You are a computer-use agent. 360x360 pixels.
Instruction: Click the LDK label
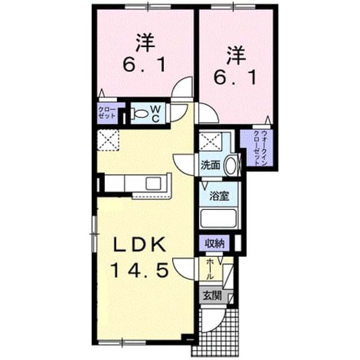(139, 245)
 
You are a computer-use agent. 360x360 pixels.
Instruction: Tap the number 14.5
(139, 270)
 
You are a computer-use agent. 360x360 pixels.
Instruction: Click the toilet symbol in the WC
(139, 114)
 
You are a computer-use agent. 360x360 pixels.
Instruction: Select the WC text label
(155, 114)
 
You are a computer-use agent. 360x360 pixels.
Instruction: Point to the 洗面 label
(210, 165)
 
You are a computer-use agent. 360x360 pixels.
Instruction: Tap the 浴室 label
(219, 196)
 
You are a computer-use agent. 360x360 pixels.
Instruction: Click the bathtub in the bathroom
(219, 218)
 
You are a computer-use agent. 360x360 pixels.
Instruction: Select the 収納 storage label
(214, 243)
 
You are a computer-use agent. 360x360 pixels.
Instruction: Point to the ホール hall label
(209, 269)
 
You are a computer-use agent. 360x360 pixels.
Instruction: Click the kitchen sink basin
(154, 183)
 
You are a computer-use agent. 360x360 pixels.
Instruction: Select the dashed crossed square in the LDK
(108, 140)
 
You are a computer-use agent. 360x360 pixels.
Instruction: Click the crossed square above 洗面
(210, 142)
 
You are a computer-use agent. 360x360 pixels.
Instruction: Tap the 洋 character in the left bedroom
(145, 43)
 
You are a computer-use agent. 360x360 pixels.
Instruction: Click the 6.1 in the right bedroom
(235, 78)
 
